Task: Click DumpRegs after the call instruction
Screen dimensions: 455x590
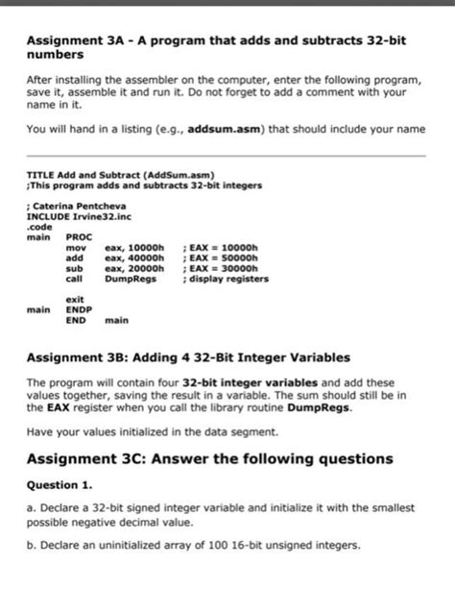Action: (131, 280)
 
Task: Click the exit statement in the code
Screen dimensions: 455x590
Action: (74, 300)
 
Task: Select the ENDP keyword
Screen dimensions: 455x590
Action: (78, 310)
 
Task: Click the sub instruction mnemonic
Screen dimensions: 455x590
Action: (73, 268)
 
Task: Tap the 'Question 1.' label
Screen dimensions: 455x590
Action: (60, 484)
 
